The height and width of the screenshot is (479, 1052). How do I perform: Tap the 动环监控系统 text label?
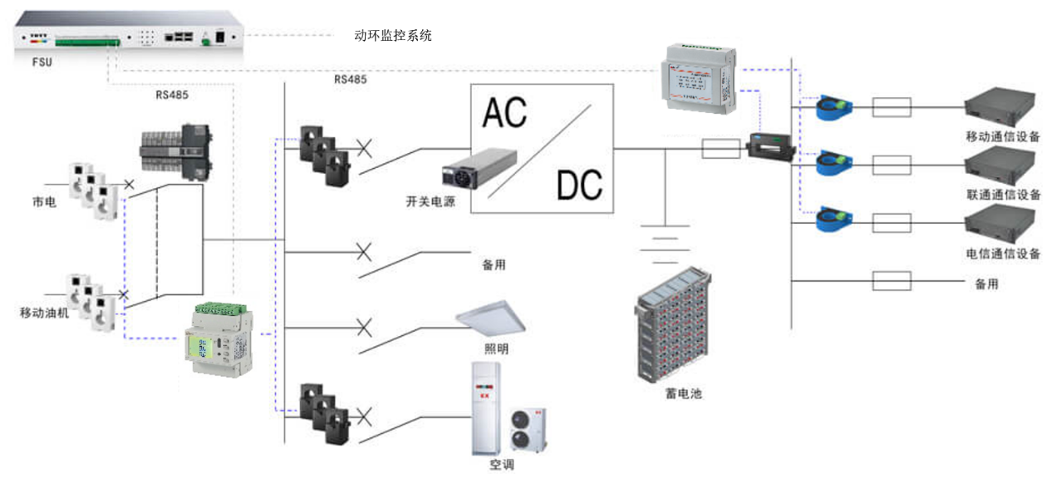pos(393,36)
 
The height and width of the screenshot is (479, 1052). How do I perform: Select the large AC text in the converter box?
pos(504,112)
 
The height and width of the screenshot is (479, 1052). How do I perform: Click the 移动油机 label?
pos(45,313)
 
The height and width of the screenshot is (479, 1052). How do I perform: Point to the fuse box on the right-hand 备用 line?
pos(891,280)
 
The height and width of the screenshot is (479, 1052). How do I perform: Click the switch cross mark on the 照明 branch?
pos(363,325)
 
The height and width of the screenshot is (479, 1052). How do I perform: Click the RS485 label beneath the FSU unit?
pos(172,94)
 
